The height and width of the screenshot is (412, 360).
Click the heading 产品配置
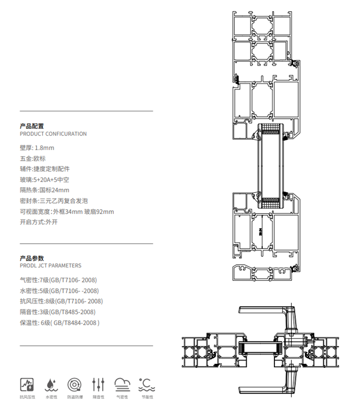tap(32, 126)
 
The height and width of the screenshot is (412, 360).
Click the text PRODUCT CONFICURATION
tap(53, 134)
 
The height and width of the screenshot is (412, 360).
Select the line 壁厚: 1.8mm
tap(37, 147)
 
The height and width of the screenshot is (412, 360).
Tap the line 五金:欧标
tap(33, 158)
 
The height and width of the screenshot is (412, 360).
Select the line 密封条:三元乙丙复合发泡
tap(54, 201)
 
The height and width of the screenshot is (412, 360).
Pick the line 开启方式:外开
tap(38, 222)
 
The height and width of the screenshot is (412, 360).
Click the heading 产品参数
tap(32, 258)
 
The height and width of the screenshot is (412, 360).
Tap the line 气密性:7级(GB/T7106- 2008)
tap(58, 280)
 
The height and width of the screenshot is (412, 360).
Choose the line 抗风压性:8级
tap(61, 301)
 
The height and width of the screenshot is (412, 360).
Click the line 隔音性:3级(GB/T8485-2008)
tap(57, 312)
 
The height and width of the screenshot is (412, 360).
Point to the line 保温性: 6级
tap(59, 322)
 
